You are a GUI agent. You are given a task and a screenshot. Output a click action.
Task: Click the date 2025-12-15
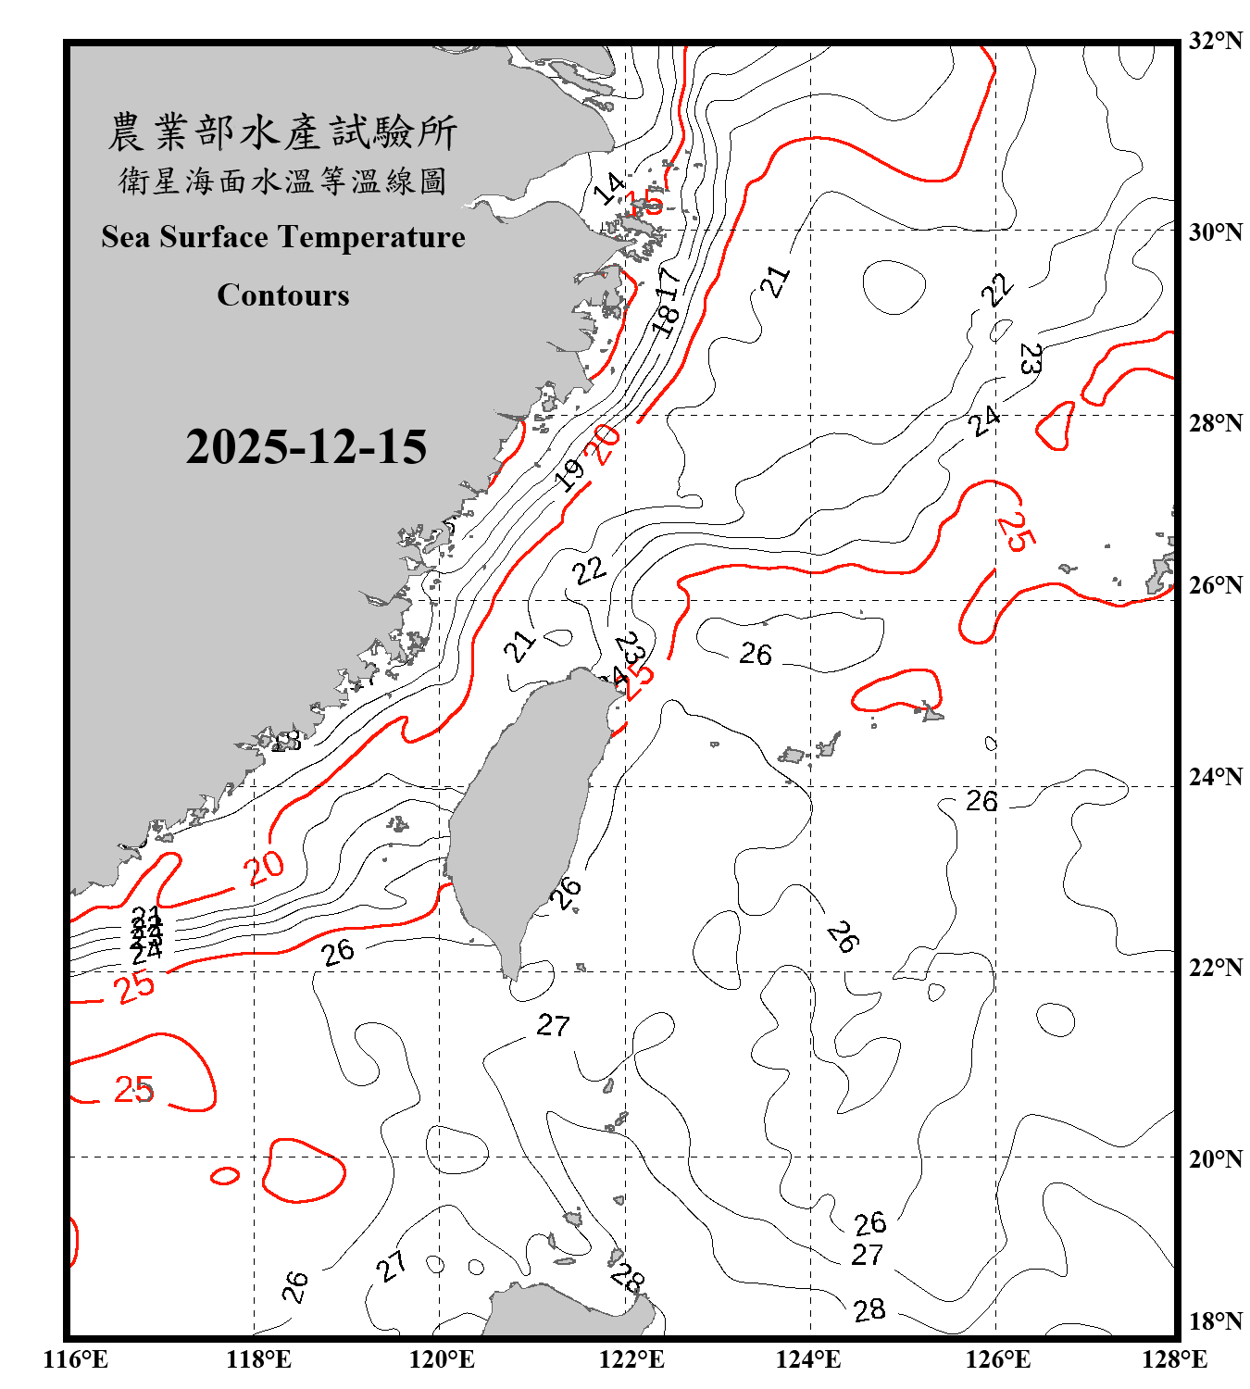pos(306,447)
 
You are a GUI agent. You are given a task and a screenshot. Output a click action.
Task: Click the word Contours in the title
pos(283,295)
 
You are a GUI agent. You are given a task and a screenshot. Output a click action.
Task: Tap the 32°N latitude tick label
pos(1215,41)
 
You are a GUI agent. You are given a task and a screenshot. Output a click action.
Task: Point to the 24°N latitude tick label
pos(1215,777)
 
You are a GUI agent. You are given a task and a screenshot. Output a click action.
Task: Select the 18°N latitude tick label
pos(1215,1321)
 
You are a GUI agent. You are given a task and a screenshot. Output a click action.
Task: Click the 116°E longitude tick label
pos(76,1359)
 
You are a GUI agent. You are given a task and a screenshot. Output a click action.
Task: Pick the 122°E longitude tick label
pos(631,1359)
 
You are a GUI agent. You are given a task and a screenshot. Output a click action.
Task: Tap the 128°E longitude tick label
pos(1174,1359)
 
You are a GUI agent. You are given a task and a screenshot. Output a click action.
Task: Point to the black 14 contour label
pos(609,189)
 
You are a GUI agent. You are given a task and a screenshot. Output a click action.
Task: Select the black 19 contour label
pos(569,474)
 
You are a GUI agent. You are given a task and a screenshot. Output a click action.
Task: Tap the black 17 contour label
pos(669,282)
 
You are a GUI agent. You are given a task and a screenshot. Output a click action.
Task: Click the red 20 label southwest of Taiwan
pos(264,869)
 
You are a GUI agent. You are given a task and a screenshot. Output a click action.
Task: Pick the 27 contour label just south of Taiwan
pos(553,1025)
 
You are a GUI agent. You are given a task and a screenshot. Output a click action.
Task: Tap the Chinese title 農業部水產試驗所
pos(282,132)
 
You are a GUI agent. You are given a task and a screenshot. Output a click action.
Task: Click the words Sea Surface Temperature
pos(283,237)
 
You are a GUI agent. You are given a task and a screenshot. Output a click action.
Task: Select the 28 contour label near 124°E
pos(869,1310)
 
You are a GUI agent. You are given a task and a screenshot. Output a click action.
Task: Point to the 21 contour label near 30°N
pos(776,281)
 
